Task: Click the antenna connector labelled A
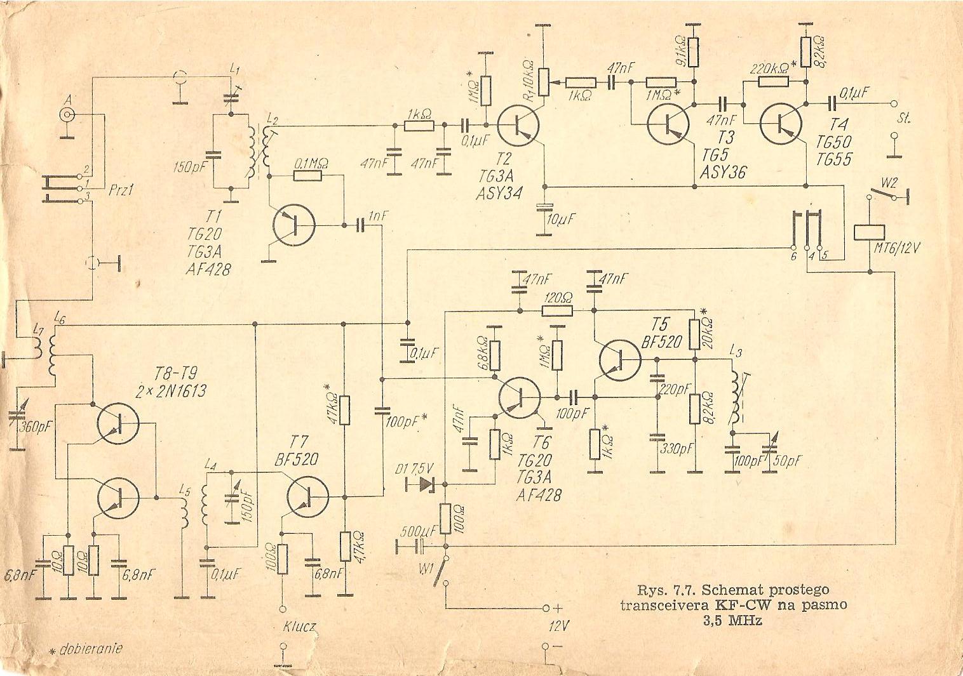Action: click(x=67, y=115)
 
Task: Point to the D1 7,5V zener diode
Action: click(x=426, y=485)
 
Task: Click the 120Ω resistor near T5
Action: click(x=557, y=311)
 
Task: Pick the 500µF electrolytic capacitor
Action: click(x=420, y=546)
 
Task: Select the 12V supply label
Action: click(x=558, y=626)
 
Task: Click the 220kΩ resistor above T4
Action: click(x=769, y=81)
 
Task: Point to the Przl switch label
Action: click(x=121, y=190)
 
